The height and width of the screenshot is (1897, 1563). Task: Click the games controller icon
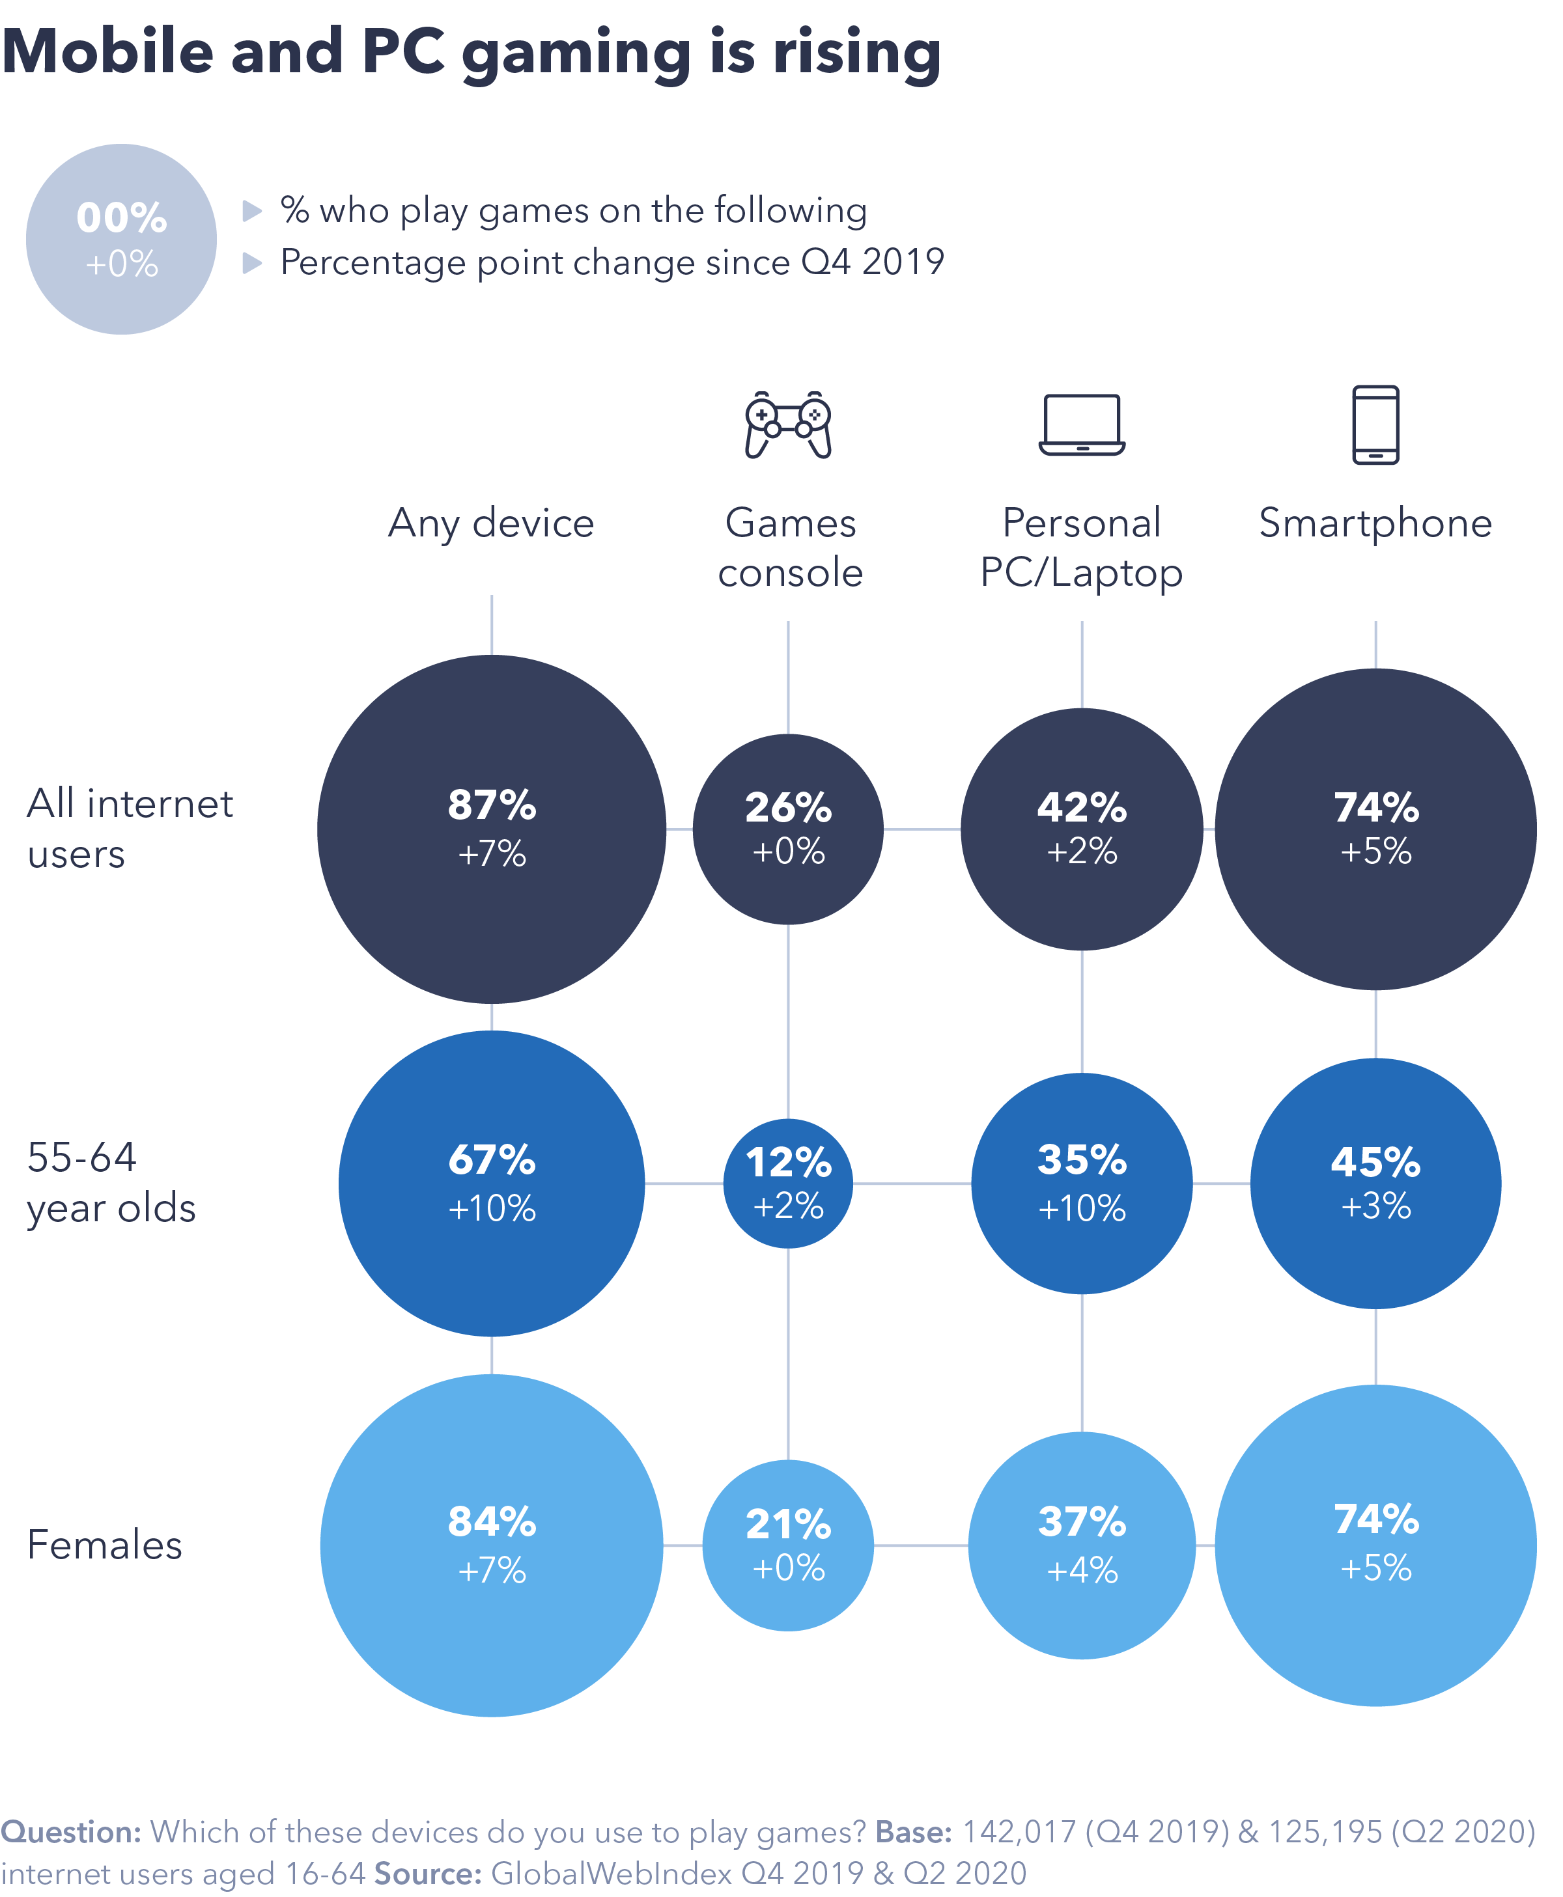tap(788, 424)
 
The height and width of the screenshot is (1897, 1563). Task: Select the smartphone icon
tap(1375, 424)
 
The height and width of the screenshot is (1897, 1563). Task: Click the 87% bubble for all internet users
tap(492, 829)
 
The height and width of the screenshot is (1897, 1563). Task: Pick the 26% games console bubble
tap(788, 829)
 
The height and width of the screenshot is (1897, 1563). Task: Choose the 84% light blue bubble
tap(492, 1545)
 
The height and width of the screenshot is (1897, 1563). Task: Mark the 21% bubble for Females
tap(788, 1545)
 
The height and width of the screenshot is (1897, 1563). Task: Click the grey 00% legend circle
tap(122, 240)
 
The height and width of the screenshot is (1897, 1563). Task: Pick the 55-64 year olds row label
tap(111, 1182)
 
